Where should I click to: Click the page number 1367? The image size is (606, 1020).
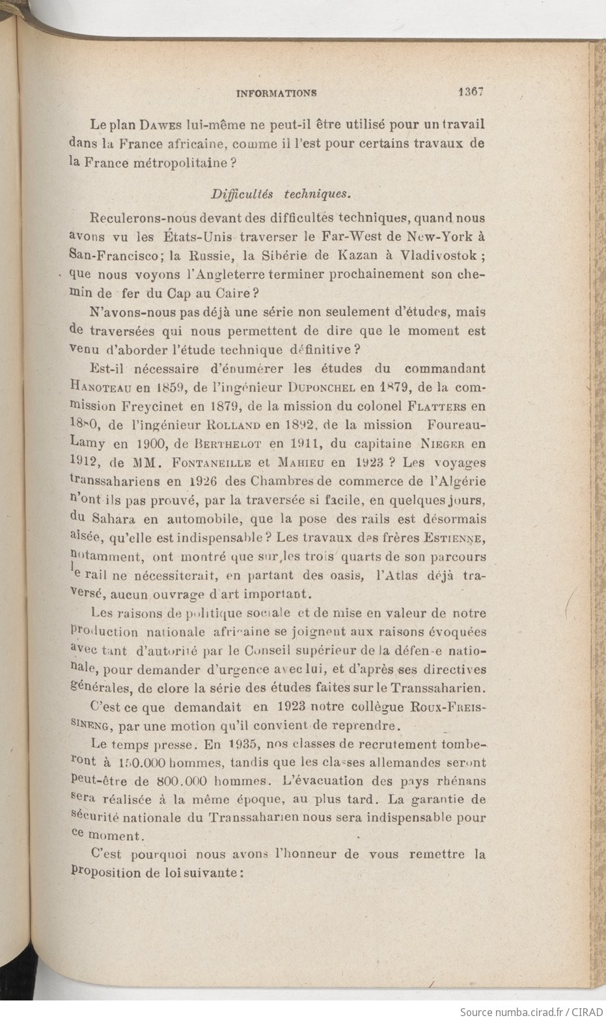(469, 92)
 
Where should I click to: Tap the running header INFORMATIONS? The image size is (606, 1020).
(276, 92)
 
